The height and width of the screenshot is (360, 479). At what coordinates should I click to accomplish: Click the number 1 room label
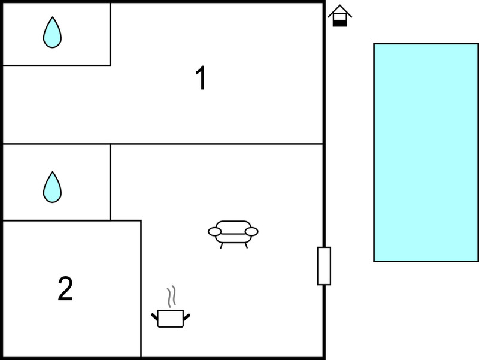[201, 78]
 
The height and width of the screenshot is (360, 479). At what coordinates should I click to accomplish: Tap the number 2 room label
[65, 288]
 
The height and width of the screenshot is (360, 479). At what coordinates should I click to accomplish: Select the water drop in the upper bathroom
[52, 32]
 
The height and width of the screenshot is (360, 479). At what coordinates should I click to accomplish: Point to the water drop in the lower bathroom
[52, 187]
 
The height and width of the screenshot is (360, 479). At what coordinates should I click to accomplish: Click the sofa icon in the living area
[233, 234]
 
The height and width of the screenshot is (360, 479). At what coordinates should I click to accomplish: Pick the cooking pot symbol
[171, 319]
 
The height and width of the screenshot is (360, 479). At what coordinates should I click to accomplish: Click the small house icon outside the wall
[339, 16]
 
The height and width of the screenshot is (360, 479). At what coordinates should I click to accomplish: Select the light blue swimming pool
[426, 153]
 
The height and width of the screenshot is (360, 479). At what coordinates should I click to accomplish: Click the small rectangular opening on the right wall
[324, 266]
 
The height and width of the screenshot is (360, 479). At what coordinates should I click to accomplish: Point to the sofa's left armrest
[215, 232]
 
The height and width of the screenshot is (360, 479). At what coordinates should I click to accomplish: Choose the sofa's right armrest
[251, 232]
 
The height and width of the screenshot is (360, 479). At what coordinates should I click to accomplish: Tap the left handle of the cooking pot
[154, 317]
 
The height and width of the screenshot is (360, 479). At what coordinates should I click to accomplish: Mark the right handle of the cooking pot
[187, 317]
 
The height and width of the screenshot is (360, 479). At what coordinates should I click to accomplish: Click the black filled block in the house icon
[339, 23]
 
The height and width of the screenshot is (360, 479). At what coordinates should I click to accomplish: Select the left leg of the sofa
[222, 246]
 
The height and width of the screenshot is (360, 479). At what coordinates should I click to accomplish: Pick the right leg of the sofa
[246, 246]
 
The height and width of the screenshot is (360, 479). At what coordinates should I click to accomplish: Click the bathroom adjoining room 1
[56, 34]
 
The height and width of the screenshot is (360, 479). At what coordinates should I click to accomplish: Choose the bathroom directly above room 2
[56, 182]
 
